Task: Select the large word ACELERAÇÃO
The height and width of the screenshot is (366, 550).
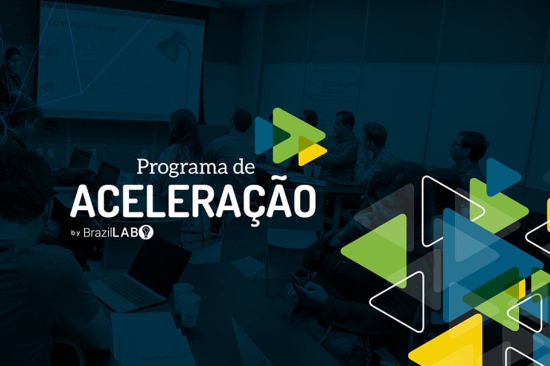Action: [x=192, y=201]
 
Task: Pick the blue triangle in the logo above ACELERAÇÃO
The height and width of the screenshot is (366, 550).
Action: [x=264, y=136]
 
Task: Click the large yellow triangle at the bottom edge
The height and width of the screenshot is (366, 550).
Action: [x=453, y=343]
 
